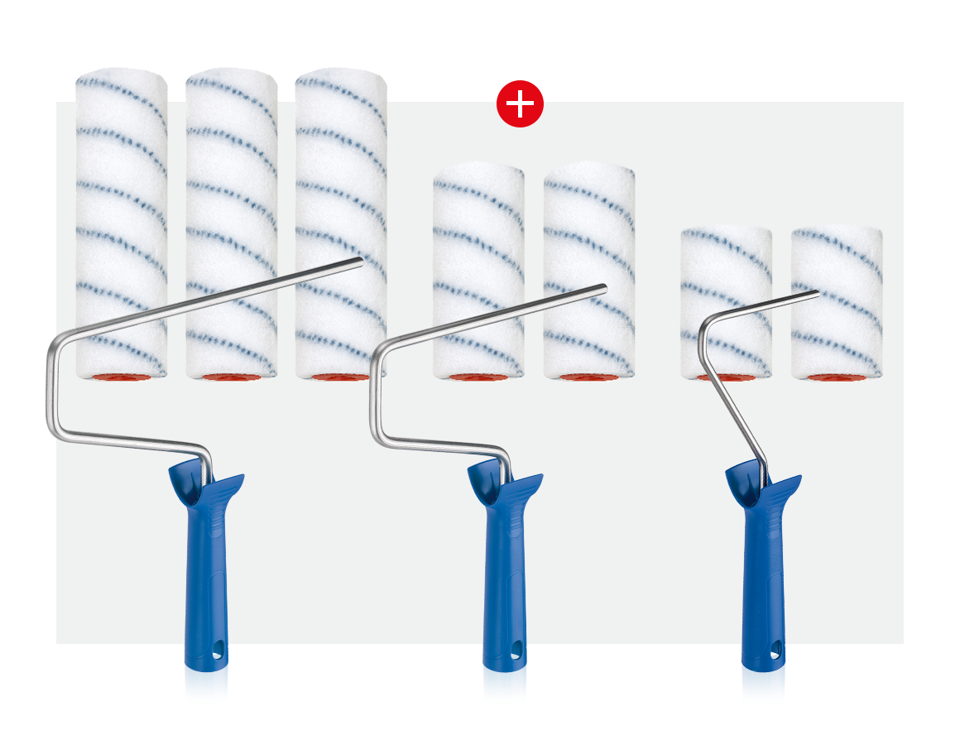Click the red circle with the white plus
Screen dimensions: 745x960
coord(520,103)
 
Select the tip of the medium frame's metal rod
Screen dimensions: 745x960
coord(603,288)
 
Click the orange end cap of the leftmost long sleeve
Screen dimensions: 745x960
coord(122,377)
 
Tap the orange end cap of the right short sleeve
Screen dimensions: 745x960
coord(836,377)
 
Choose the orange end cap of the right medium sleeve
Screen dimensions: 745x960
coord(588,377)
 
